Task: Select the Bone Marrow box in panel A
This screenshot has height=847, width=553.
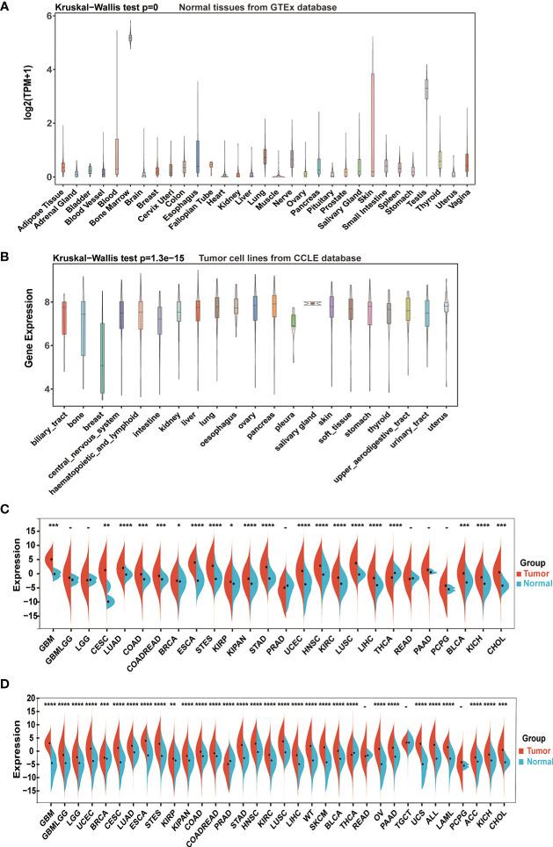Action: [131, 38]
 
